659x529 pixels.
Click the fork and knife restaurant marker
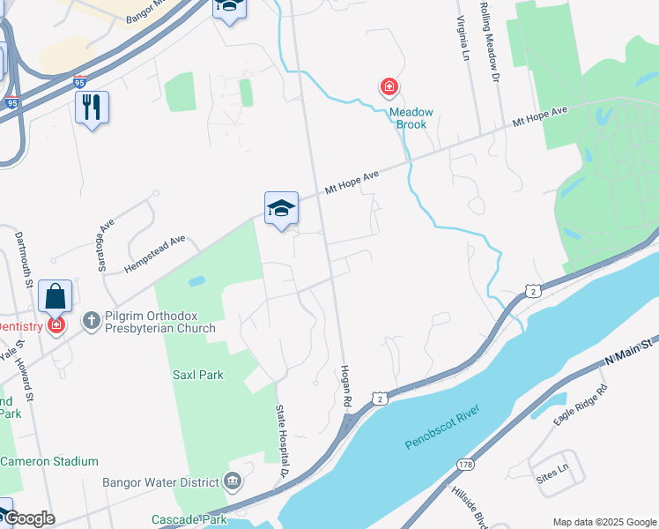(x=92, y=108)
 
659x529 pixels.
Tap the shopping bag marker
(x=55, y=296)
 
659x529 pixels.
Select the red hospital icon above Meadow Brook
(x=388, y=86)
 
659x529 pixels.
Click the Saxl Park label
(x=198, y=375)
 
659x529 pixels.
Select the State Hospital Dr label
(x=284, y=437)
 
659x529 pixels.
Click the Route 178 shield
(x=464, y=464)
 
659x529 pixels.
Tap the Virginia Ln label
(x=461, y=39)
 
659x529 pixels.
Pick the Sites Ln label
(x=553, y=466)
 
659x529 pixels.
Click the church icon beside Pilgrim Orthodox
(x=91, y=321)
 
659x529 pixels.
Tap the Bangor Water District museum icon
(x=233, y=481)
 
